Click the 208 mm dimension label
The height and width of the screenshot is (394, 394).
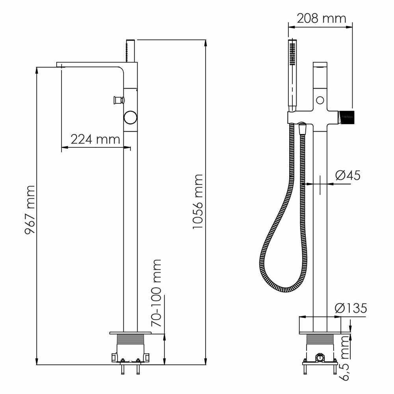(x=322, y=19)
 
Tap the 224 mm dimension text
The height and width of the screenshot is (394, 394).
(x=95, y=139)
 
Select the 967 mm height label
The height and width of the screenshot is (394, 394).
(x=30, y=210)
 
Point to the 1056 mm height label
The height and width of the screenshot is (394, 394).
(x=198, y=201)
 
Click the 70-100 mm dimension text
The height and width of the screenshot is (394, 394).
(x=156, y=293)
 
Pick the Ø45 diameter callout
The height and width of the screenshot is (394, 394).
(x=348, y=175)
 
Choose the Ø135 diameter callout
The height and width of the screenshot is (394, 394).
(x=351, y=308)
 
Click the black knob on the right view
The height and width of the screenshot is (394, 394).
(x=346, y=117)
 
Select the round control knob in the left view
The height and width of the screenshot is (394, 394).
(x=130, y=117)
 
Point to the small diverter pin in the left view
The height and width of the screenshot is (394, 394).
(x=119, y=100)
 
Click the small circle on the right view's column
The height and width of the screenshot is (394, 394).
(x=320, y=100)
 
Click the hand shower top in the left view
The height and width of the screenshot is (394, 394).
(x=130, y=50)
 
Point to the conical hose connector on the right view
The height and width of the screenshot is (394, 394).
(x=302, y=129)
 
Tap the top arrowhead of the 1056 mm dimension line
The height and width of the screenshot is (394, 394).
(x=206, y=43)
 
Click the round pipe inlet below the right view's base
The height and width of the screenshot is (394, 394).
(x=320, y=357)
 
